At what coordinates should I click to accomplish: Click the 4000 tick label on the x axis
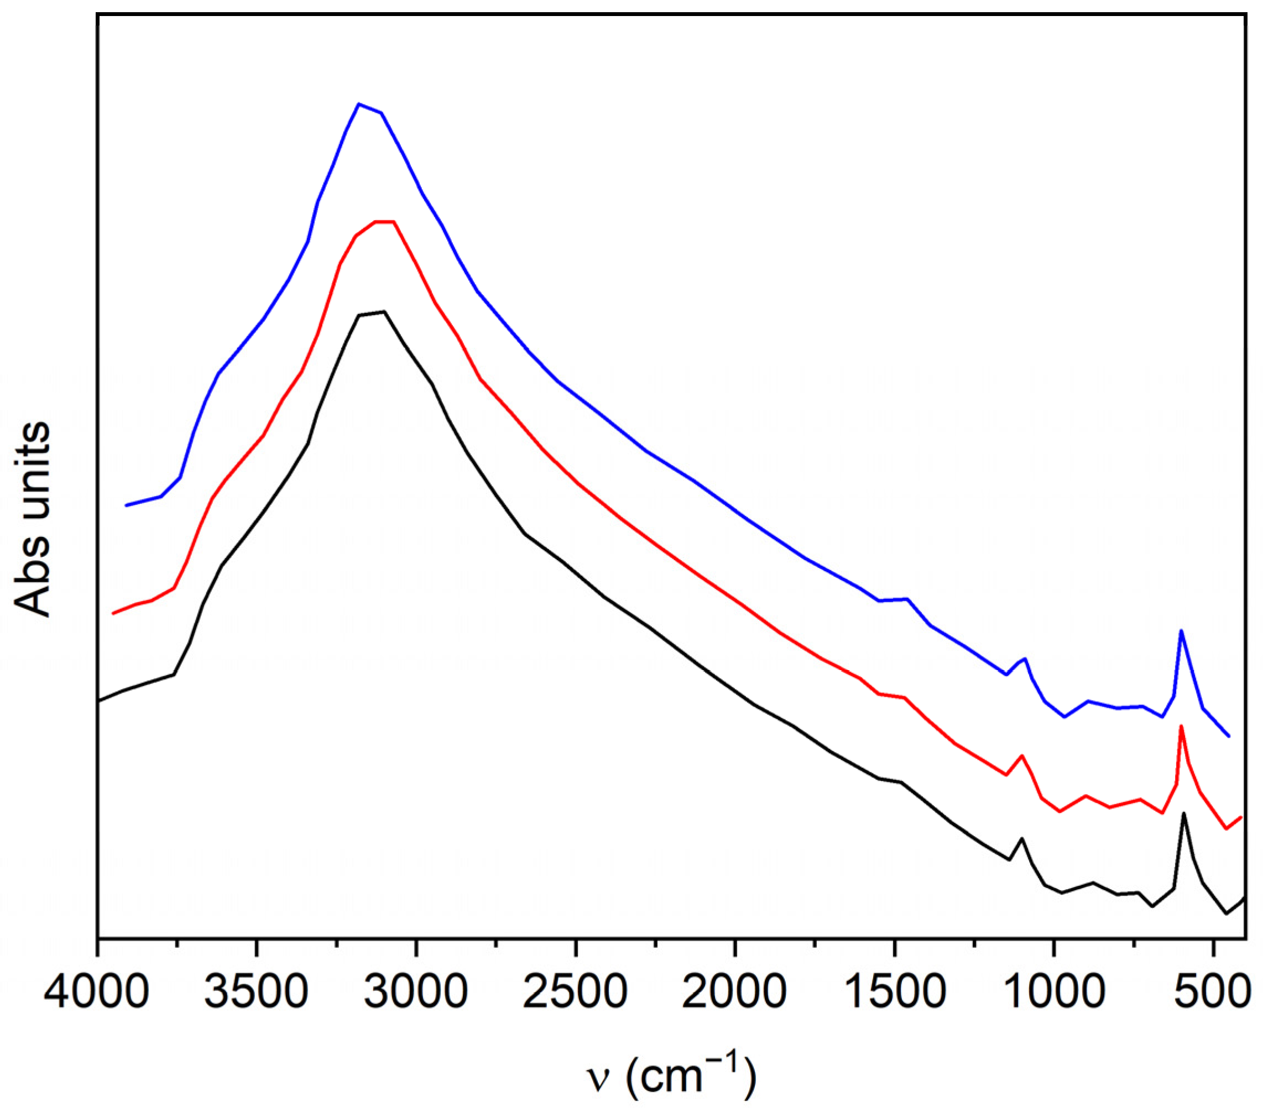(x=97, y=993)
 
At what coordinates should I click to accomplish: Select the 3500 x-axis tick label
(x=257, y=993)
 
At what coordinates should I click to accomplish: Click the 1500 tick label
(x=894, y=993)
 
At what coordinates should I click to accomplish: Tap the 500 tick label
(x=1213, y=993)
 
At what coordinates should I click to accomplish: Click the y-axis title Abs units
(x=32, y=519)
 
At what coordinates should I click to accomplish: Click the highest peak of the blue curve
(x=359, y=104)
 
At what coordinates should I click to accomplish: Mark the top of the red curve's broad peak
(x=384, y=221)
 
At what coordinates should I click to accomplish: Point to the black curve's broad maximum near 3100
(x=384, y=311)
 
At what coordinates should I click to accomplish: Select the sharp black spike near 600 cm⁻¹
(x=1184, y=813)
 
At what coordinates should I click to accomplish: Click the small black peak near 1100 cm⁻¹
(x=1022, y=838)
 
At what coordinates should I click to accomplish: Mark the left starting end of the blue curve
(x=126, y=505)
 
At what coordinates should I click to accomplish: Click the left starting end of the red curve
(x=112, y=613)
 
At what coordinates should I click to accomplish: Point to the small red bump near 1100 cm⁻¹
(x=1022, y=755)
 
